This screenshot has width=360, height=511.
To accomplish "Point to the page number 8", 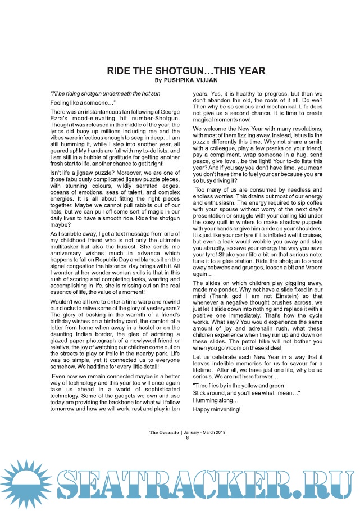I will click(x=188, y=438).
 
